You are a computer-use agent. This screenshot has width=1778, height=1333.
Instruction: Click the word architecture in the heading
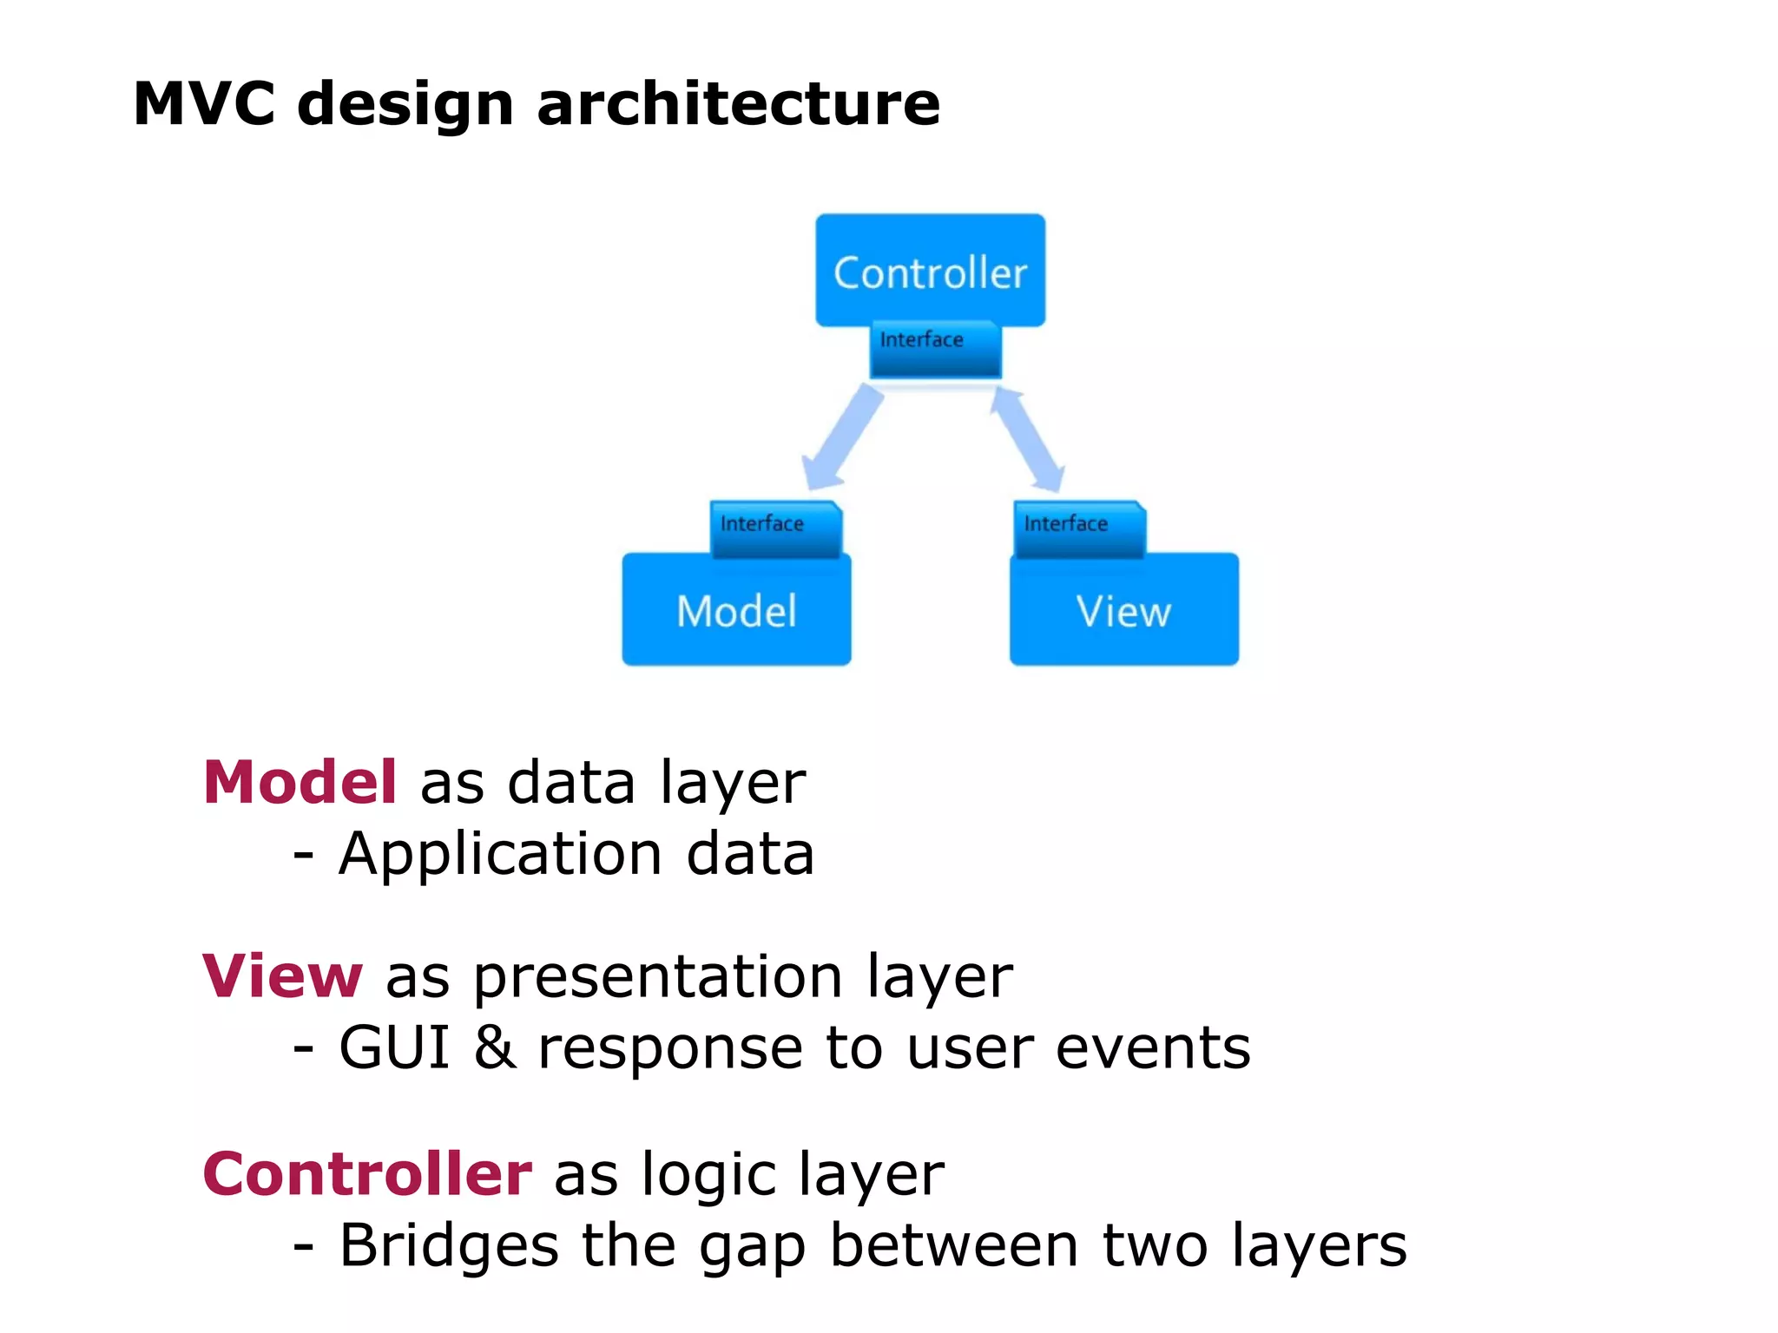[x=738, y=104]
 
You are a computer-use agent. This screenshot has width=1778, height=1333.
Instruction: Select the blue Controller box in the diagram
[x=930, y=272]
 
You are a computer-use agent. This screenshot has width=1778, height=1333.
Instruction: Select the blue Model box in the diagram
[x=736, y=612]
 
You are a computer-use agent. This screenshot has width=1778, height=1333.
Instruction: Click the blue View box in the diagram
[x=1123, y=612]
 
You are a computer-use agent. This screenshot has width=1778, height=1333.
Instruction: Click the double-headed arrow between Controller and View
[x=1028, y=438]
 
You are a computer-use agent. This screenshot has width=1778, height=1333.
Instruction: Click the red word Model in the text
[x=300, y=782]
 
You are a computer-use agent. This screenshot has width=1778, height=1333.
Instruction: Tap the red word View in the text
[x=282, y=976]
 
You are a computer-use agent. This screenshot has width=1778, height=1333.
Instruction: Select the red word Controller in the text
[x=366, y=1174]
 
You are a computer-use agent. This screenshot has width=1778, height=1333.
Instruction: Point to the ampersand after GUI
[x=495, y=1047]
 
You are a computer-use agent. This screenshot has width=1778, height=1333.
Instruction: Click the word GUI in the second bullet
[x=394, y=1047]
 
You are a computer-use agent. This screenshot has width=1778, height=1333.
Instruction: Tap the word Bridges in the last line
[x=448, y=1246]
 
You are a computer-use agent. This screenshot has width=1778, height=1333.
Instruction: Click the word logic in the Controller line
[x=708, y=1177]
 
